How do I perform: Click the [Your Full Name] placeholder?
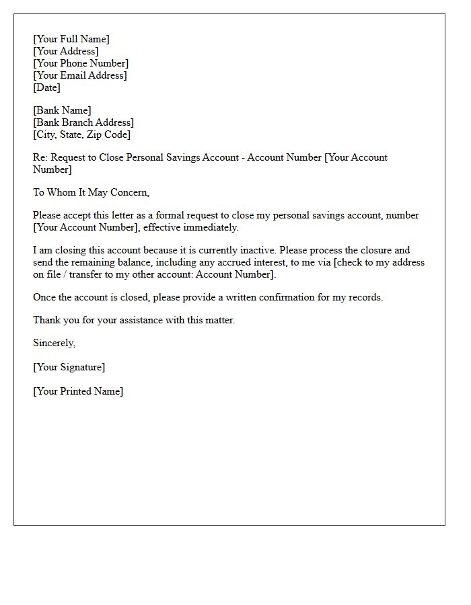pyautogui.click(x=71, y=39)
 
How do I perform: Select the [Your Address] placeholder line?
pyautogui.click(x=65, y=51)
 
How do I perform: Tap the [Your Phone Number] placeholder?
pyautogui.click(x=81, y=63)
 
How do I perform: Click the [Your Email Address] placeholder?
pyautogui.click(x=80, y=75)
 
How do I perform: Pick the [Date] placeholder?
pyautogui.click(x=46, y=87)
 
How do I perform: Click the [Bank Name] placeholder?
pyautogui.click(x=62, y=110)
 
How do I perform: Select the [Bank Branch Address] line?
pyautogui.click(x=83, y=122)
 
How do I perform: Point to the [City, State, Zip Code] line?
pyautogui.click(x=82, y=134)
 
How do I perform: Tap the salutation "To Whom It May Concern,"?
pyautogui.click(x=91, y=192)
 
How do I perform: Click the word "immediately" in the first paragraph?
pyautogui.click(x=211, y=227)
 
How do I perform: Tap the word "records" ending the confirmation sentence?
pyautogui.click(x=364, y=297)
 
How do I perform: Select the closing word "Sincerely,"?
pyautogui.click(x=55, y=343)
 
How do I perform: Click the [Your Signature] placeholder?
pyautogui.click(x=69, y=367)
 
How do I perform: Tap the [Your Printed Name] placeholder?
pyautogui.click(x=78, y=391)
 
